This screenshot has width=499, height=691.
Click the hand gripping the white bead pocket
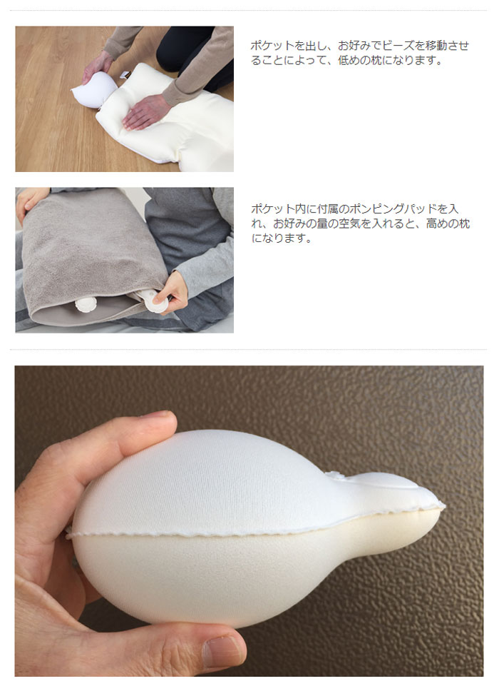97,67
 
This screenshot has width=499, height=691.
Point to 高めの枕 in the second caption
448,223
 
